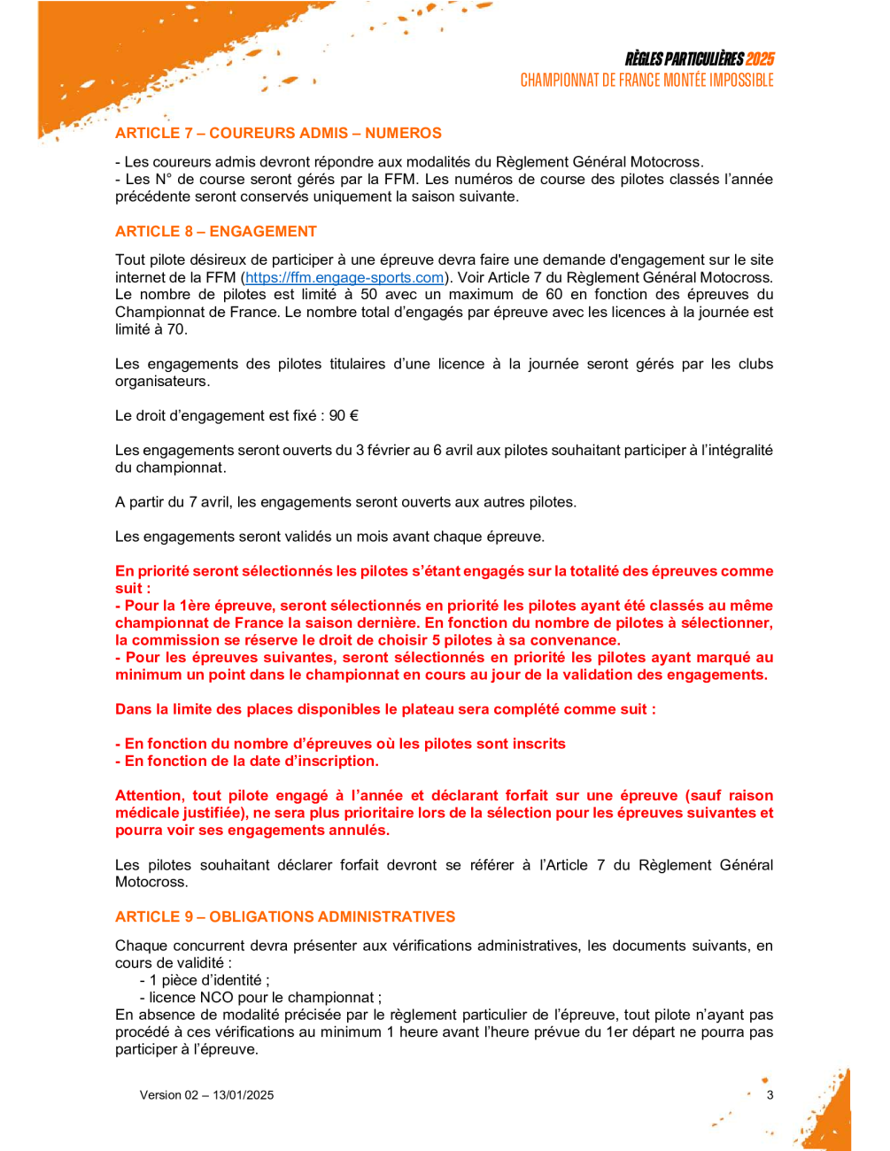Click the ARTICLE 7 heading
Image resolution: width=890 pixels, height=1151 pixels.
coord(278,133)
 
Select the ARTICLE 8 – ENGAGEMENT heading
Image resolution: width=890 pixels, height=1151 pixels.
coord(215,231)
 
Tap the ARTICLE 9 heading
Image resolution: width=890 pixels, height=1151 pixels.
coord(285,916)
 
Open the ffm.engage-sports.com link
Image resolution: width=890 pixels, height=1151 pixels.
coord(344,277)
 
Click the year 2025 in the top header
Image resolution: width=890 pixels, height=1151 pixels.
coord(760,59)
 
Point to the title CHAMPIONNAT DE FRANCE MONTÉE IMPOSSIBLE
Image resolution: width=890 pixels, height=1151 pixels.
coord(646,81)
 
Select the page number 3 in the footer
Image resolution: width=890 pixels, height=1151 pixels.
coord(770,1095)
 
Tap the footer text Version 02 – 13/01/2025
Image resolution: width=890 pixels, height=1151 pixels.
coord(206,1095)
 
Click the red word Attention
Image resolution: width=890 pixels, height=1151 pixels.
coord(149,795)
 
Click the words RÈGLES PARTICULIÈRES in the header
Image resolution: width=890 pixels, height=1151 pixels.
coord(684,59)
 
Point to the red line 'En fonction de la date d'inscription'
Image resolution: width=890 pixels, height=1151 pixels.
coord(247,761)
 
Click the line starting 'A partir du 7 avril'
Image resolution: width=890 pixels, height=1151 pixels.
coord(345,502)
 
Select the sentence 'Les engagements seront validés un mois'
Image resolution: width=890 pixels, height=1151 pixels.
coord(329,537)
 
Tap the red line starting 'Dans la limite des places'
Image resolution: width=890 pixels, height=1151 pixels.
coord(385,709)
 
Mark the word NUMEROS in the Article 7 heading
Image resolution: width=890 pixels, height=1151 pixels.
coord(403,133)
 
